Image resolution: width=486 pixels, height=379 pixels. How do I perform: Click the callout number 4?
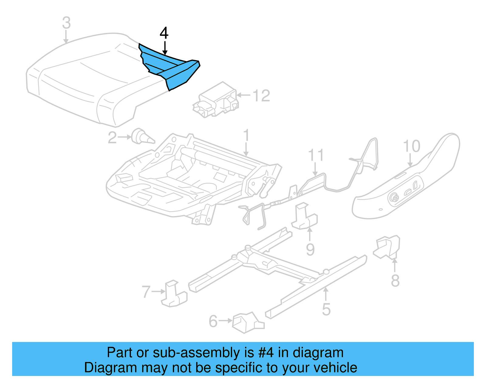click(164, 33)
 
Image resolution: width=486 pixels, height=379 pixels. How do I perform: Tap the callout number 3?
click(67, 23)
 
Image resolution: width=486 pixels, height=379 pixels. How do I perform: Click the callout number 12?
click(261, 96)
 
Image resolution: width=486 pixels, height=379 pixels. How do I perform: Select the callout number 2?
click(112, 138)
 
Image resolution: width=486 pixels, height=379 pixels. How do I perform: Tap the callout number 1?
click(246, 135)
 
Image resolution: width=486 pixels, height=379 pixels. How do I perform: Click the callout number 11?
click(316, 155)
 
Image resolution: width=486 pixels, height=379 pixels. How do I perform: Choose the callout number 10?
click(411, 146)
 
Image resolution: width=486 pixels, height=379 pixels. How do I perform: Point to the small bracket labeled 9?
click(304, 217)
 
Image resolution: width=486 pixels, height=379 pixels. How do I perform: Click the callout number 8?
click(395, 280)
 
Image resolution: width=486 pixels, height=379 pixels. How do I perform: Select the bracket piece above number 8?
click(387, 247)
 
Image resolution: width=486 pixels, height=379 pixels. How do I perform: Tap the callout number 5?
click(326, 310)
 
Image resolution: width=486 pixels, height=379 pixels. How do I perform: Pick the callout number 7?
click(146, 292)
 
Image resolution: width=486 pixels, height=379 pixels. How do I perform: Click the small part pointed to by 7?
click(174, 294)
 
